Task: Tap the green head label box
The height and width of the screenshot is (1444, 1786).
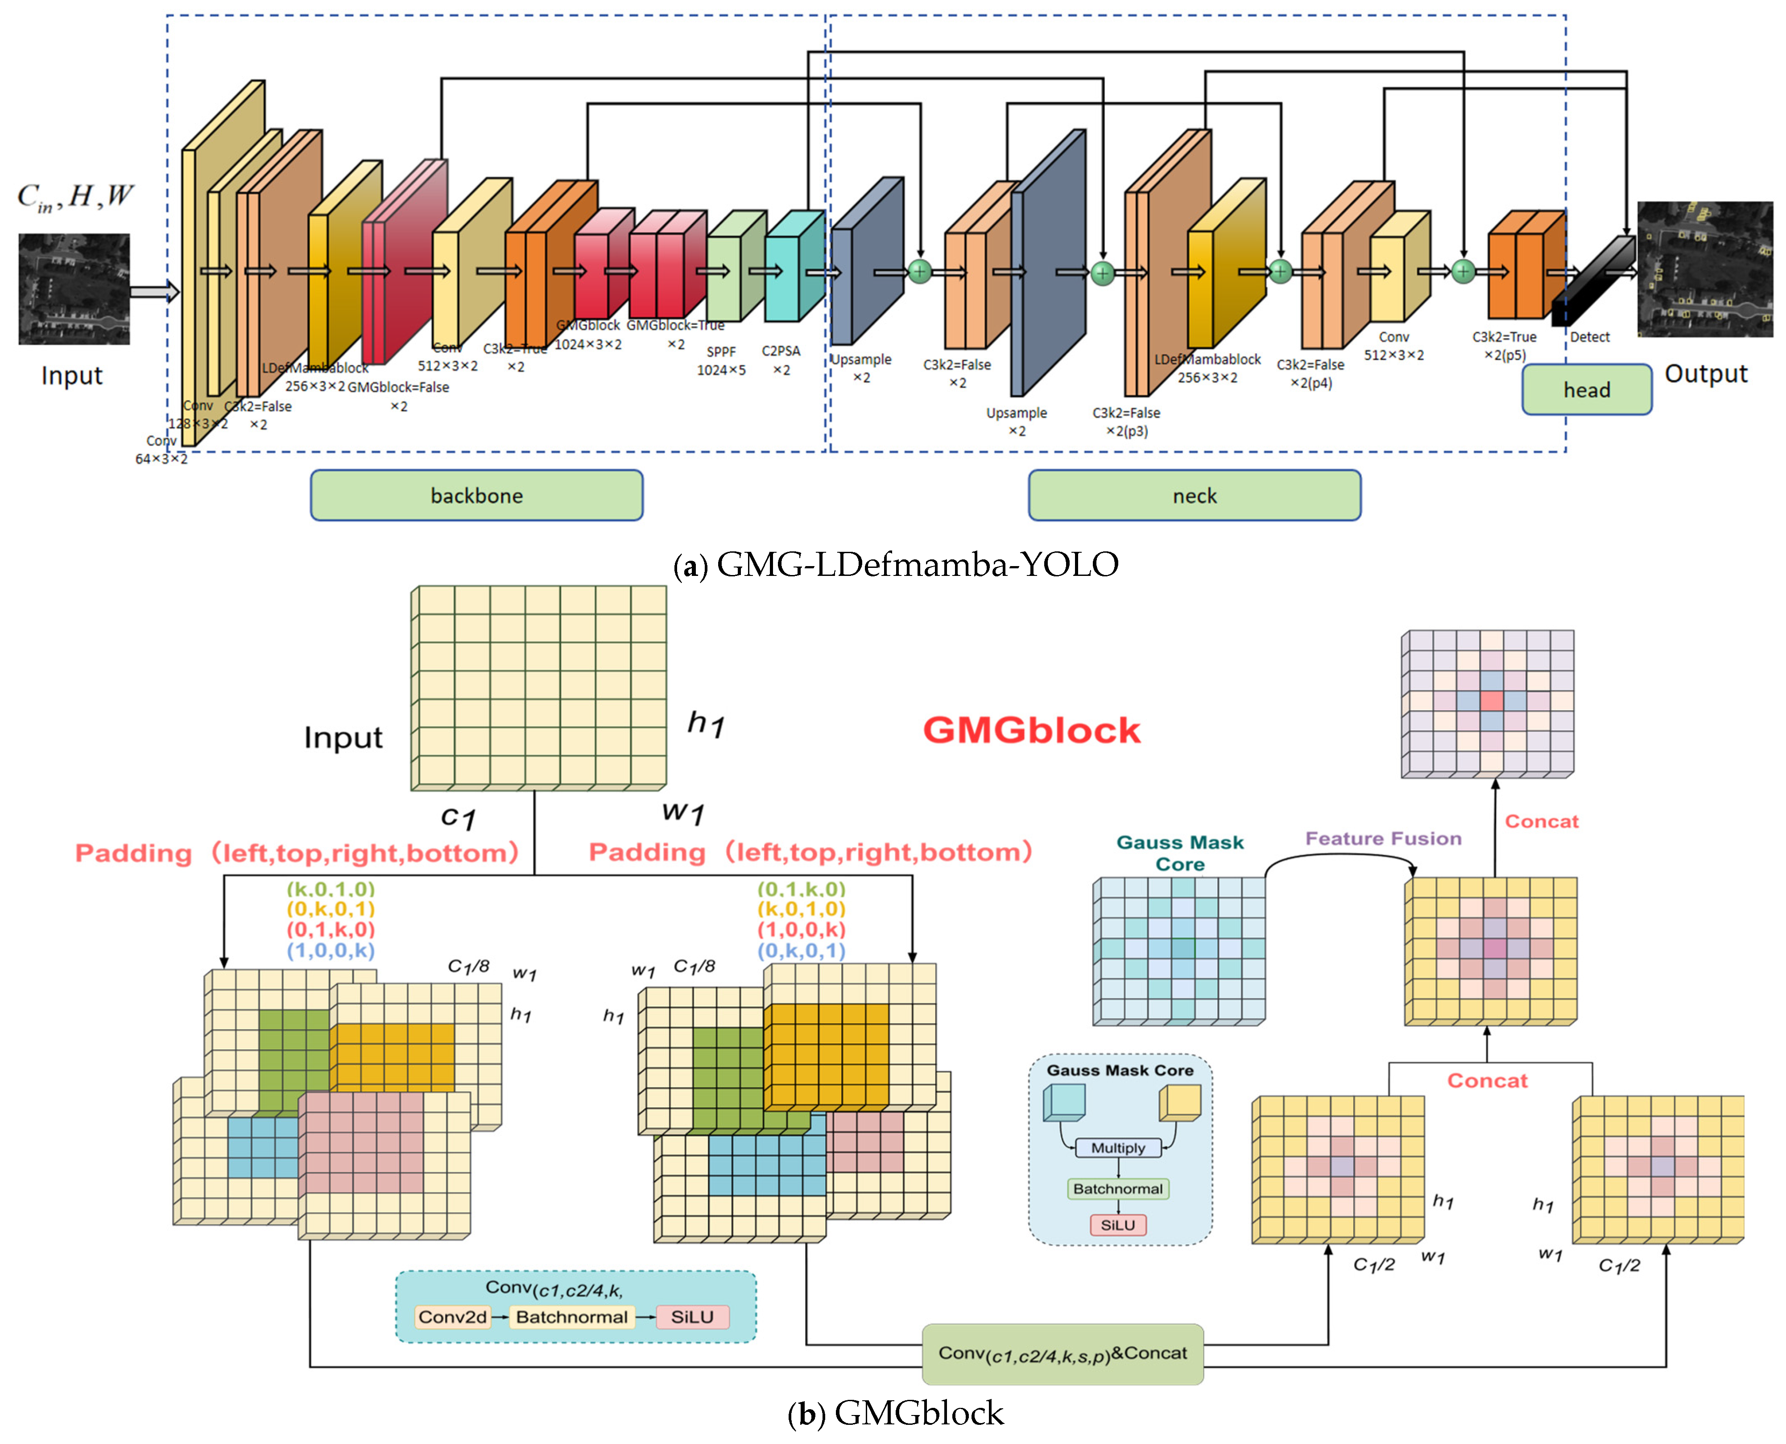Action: click(x=1586, y=389)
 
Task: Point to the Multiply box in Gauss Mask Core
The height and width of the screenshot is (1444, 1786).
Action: click(x=1117, y=1148)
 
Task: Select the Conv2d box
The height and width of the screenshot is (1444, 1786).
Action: click(x=453, y=1317)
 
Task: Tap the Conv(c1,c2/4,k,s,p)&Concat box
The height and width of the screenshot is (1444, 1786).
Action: click(x=1063, y=1353)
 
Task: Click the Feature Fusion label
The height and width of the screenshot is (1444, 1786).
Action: click(x=1383, y=839)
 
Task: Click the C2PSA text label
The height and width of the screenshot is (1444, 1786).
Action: click(x=780, y=351)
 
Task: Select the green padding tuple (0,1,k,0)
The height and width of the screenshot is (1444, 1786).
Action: click(x=800, y=888)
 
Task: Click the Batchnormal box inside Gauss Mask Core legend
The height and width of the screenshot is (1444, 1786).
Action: click(x=1117, y=1189)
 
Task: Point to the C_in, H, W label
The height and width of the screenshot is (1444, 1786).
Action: click(x=75, y=197)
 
